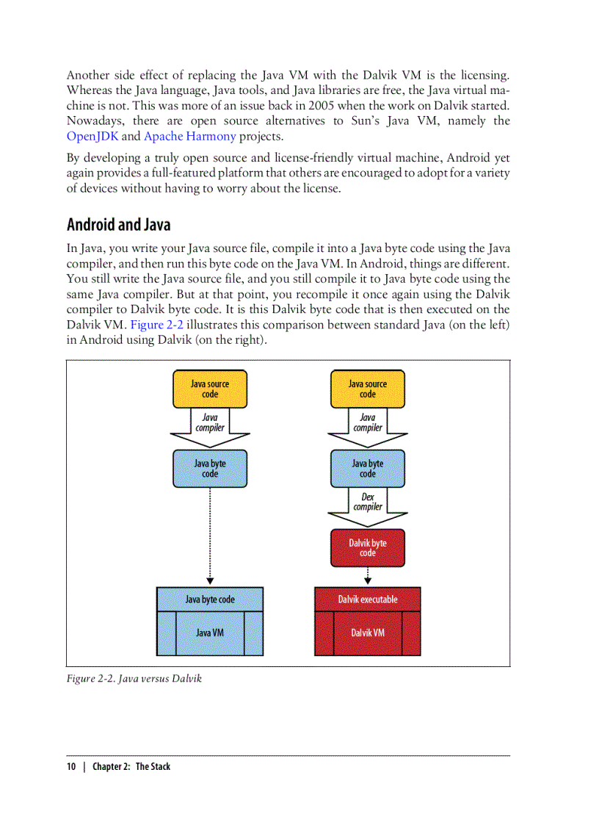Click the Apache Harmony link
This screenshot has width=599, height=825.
pyautogui.click(x=189, y=136)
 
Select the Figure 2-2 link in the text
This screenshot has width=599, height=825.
pyautogui.click(x=156, y=325)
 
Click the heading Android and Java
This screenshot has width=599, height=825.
pyautogui.click(x=118, y=223)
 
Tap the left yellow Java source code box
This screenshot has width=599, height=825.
pyautogui.click(x=210, y=389)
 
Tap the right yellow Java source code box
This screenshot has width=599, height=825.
pyautogui.click(x=367, y=389)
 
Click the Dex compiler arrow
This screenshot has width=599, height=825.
pyautogui.click(x=367, y=502)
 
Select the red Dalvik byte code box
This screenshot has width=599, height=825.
pyautogui.click(x=367, y=548)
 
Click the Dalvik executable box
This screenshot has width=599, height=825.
pyautogui.click(x=367, y=599)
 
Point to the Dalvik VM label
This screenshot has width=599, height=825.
pyautogui.click(x=367, y=633)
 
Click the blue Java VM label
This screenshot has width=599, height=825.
pyautogui.click(x=210, y=633)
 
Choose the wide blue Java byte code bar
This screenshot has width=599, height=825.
pyautogui.click(x=210, y=599)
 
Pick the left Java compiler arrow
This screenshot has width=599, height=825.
pyautogui.click(x=210, y=423)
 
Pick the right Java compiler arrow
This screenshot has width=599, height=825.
pyautogui.click(x=367, y=423)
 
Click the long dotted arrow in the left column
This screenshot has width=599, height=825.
pyautogui.click(x=210, y=533)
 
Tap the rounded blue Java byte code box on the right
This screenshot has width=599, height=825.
pyautogui.click(x=367, y=469)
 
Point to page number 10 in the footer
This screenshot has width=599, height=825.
pyautogui.click(x=71, y=766)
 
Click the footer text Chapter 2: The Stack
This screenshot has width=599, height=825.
pyautogui.click(x=131, y=766)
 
